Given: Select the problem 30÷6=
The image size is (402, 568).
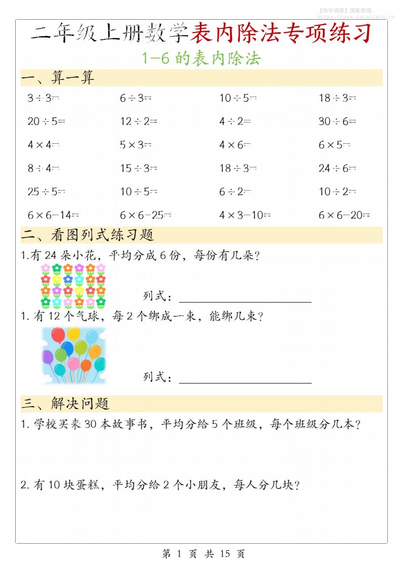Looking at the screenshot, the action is point(337,121).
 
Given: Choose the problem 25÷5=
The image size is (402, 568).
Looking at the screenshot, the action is point(46,192).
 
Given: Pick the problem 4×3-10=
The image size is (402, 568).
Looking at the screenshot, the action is point(245,215).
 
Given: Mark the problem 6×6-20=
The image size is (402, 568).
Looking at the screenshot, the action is point(344,215).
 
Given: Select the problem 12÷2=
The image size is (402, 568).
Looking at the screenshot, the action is point(138,121).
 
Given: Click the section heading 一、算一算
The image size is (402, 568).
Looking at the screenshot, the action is point(58,78).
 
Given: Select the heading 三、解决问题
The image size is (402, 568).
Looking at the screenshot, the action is point(65,403).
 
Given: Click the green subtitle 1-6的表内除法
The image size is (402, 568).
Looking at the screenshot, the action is point(201,59).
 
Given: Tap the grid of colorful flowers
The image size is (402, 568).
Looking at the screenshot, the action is point(73,286).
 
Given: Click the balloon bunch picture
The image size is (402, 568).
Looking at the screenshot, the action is point(73,355).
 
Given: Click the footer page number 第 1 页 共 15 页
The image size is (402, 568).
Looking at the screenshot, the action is point(203,554).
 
